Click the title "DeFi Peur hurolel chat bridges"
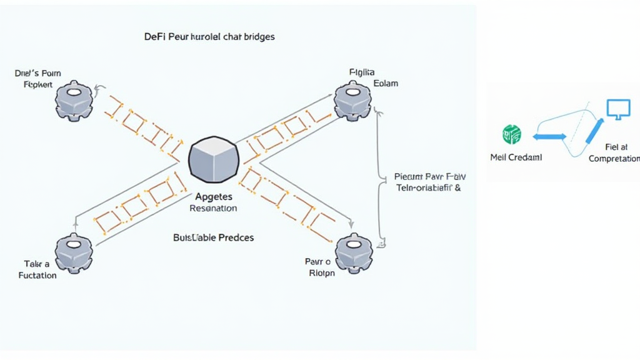click(x=209, y=37)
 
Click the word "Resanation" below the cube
click(x=213, y=208)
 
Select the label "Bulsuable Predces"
click(x=213, y=238)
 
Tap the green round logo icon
click(x=512, y=134)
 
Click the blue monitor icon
click(x=615, y=109)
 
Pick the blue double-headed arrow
click(x=549, y=136)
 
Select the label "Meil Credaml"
click(x=516, y=157)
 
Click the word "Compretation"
click(x=614, y=159)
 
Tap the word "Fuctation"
click(x=37, y=275)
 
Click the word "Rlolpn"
click(x=322, y=272)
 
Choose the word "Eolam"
click(x=385, y=83)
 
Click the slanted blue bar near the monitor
click(x=593, y=132)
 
